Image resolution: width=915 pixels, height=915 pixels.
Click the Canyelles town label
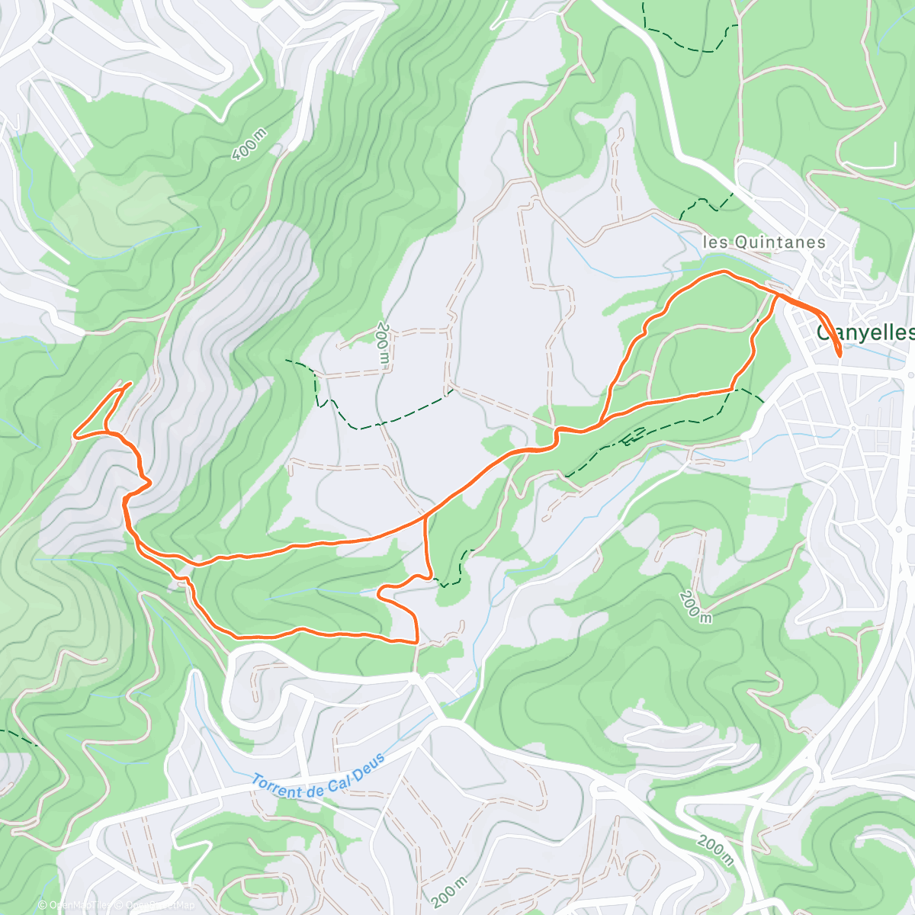tap(865, 333)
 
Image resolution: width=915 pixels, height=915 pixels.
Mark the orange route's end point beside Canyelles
tap(839, 355)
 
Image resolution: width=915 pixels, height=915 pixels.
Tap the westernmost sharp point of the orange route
tap(74, 436)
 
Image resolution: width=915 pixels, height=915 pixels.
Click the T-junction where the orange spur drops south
tap(424, 518)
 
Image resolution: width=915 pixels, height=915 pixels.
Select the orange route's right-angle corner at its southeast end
tap(416, 643)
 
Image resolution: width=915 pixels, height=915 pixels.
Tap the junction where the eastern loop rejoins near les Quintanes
tap(777, 294)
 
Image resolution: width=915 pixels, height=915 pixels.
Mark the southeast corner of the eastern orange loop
tap(732, 390)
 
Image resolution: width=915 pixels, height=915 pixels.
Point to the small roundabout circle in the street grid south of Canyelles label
tap(854, 429)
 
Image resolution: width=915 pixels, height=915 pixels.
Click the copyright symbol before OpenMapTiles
tap(42, 905)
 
